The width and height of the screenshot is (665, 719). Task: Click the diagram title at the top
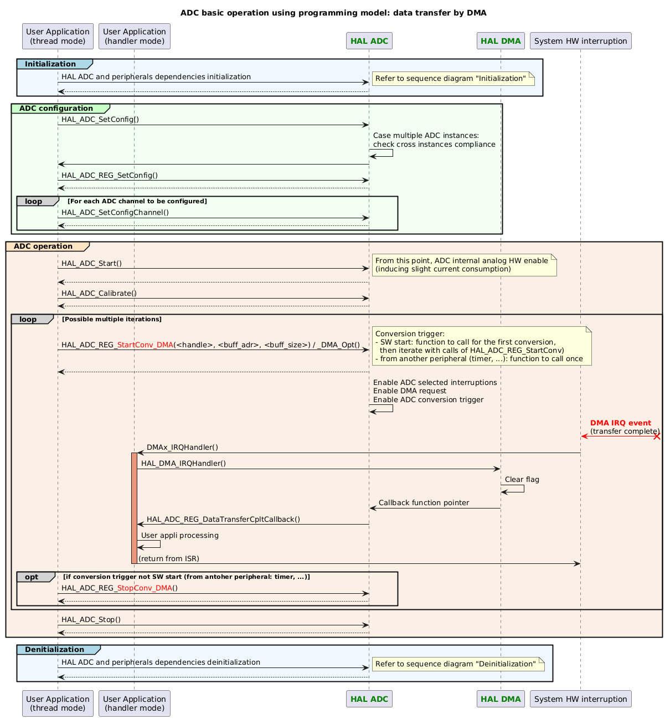tap(333, 13)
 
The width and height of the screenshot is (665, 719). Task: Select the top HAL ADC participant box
tap(369, 40)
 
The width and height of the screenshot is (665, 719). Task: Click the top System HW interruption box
tap(580, 40)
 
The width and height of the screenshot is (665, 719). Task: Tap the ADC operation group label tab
tap(43, 246)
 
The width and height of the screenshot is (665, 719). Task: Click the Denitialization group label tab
tap(55, 649)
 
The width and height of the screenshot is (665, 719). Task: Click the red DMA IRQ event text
tap(620, 423)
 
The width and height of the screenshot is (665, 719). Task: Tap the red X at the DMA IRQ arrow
tap(657, 436)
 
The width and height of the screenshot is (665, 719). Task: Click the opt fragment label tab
tap(32, 577)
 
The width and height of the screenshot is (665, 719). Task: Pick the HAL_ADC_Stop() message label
tap(91, 620)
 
